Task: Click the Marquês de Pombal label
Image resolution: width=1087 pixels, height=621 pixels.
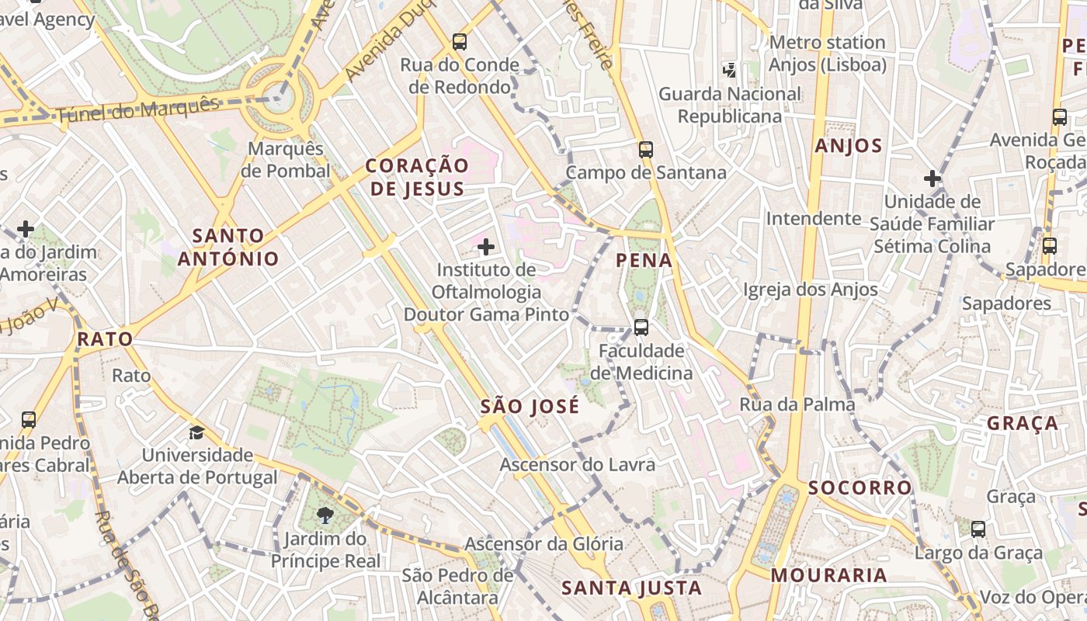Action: click(286, 159)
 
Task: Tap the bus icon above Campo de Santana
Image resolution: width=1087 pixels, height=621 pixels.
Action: click(645, 150)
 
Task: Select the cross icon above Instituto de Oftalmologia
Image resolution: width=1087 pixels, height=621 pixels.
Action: click(486, 248)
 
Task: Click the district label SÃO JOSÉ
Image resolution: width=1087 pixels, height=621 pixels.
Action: click(530, 406)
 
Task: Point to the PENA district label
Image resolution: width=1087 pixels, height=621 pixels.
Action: click(644, 260)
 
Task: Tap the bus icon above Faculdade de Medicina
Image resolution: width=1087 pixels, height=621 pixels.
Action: click(641, 328)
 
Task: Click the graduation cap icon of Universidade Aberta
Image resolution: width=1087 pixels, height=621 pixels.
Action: click(197, 432)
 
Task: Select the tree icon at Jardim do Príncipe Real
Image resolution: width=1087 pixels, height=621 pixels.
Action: click(325, 515)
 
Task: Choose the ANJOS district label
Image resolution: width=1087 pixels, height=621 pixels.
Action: click(849, 145)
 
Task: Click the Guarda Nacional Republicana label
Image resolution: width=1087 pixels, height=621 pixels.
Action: click(730, 105)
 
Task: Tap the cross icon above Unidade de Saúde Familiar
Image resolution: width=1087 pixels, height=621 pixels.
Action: click(932, 179)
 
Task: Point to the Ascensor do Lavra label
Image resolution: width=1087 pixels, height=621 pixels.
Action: click(578, 465)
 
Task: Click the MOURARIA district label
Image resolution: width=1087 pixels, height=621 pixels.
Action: click(828, 575)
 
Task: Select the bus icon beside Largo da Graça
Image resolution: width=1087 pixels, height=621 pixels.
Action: click(978, 529)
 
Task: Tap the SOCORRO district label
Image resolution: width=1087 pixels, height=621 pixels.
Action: click(860, 487)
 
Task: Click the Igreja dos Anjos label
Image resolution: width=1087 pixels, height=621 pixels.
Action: click(811, 290)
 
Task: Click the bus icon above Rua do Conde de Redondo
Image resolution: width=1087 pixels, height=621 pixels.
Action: click(460, 42)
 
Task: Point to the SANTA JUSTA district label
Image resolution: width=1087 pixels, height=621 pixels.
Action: click(631, 588)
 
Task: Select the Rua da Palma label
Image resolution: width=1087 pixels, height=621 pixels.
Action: click(797, 404)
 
